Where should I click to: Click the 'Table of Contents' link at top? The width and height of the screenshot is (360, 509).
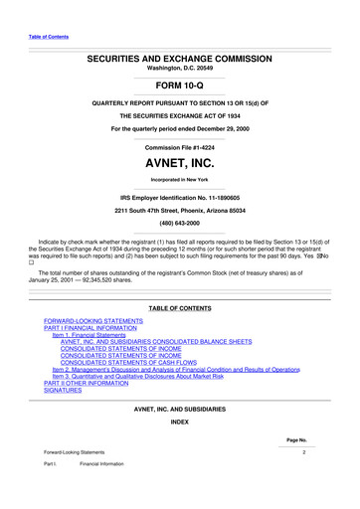coord(48,39)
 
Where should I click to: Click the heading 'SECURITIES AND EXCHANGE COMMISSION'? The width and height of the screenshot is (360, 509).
coord(179,60)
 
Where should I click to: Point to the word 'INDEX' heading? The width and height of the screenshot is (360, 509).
coord(179,449)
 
